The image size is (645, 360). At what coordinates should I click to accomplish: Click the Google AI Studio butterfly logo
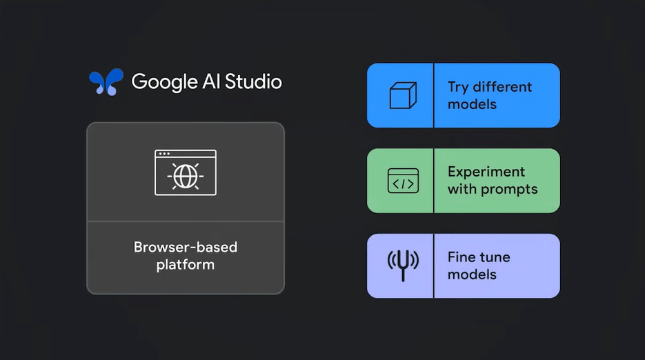pos(106,82)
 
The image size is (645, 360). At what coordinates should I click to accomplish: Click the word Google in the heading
pos(163,81)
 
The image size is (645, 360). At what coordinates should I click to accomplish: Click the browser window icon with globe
pos(185,172)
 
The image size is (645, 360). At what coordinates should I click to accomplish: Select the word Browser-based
pos(185,247)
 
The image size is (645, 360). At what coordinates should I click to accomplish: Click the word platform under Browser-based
pos(185,265)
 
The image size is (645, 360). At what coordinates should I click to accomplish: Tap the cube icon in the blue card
pos(402,95)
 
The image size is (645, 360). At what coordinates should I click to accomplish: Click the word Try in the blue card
pos(458,87)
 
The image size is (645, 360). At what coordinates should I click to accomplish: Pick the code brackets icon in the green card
pos(402,181)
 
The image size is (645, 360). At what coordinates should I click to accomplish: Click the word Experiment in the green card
pos(486,172)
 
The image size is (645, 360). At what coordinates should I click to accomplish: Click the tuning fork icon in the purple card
pos(402,265)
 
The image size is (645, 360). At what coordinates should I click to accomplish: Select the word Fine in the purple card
pos(461,257)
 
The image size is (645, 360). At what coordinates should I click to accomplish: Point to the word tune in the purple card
pos(495,257)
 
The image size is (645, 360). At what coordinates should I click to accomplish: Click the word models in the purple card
pos(472,274)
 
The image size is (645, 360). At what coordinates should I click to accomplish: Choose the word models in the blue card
pos(472,104)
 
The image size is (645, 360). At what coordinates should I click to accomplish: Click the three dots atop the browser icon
pos(163,154)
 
